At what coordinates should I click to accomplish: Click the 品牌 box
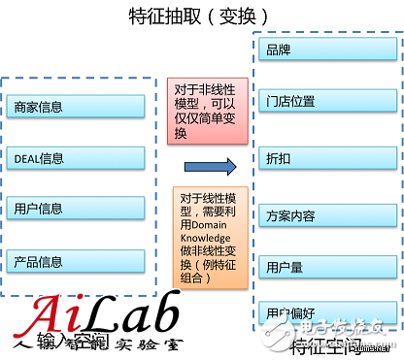point(324,49)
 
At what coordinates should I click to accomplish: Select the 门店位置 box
point(324,103)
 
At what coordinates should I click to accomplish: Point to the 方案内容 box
point(324,215)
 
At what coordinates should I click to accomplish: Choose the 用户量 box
point(324,266)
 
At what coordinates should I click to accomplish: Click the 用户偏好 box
point(324,312)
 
